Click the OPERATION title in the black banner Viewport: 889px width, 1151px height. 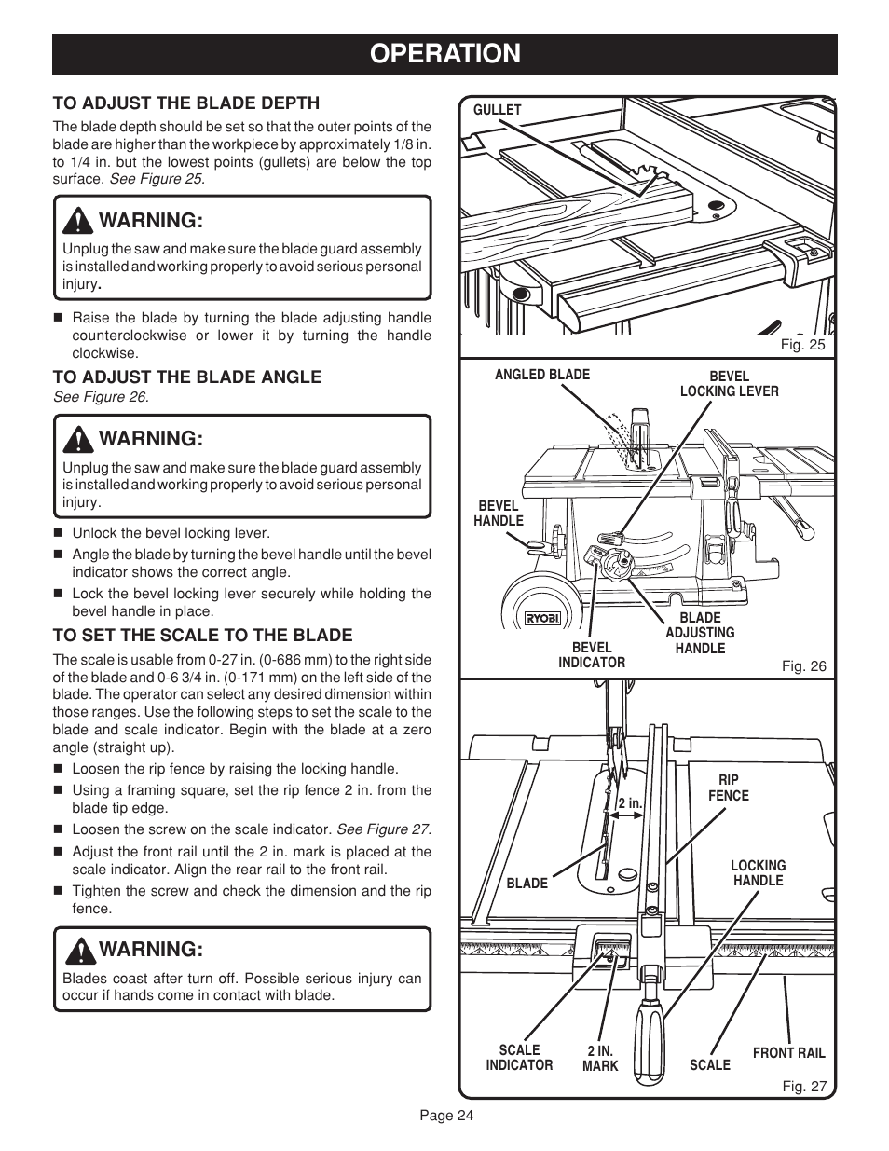tap(444, 54)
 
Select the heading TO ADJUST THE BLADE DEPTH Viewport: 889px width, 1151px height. tap(185, 103)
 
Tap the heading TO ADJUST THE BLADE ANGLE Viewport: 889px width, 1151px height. tap(186, 377)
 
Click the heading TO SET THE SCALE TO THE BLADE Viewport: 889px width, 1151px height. tap(202, 635)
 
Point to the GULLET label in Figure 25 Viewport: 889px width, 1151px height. tap(498, 110)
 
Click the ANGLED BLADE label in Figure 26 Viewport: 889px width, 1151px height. tap(541, 375)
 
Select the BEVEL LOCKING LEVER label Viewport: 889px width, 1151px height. tap(742, 384)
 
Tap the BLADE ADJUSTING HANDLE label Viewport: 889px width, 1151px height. tap(700, 633)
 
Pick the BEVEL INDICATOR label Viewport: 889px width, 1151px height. tap(592, 655)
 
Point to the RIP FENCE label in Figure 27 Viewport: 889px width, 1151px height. tap(728, 788)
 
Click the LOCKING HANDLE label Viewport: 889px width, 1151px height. tap(758, 873)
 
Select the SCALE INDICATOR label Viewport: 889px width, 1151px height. tap(519, 1058)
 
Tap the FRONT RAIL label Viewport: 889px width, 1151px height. tap(788, 1053)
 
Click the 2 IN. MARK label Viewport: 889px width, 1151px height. tap(600, 1059)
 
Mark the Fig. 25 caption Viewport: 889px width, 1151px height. tap(803, 345)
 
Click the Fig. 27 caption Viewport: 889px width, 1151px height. tap(803, 1087)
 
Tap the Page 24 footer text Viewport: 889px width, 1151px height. tap(445, 1117)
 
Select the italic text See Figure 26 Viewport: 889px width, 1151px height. tap(101, 397)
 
